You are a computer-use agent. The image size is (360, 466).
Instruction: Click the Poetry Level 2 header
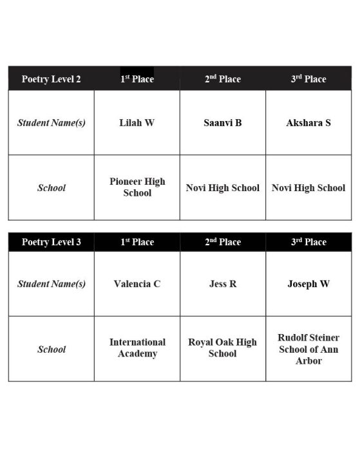[x=52, y=79]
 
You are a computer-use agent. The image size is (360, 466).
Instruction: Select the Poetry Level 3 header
[x=52, y=242]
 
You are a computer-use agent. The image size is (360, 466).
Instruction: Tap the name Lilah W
[x=137, y=122]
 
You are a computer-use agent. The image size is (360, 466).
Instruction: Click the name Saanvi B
[x=223, y=122]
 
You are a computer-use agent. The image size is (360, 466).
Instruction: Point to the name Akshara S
[x=308, y=122]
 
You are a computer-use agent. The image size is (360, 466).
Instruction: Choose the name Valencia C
[x=137, y=284]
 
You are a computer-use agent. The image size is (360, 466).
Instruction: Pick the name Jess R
[x=223, y=284]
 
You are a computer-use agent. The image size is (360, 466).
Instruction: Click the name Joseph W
[x=308, y=284]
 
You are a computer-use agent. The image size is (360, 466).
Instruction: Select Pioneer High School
[x=137, y=187]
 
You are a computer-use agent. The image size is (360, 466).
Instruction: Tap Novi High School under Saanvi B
[x=223, y=188]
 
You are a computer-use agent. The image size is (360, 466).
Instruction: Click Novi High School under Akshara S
[x=308, y=188]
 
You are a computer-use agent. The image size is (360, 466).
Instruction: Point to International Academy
[x=137, y=348]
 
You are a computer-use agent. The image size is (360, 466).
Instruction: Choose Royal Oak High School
[x=223, y=348]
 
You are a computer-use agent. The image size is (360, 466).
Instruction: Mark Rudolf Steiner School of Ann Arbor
[x=308, y=349]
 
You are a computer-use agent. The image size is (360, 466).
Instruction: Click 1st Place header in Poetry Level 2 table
[x=137, y=79]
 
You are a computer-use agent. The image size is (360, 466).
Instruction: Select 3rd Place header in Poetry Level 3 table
[x=308, y=242]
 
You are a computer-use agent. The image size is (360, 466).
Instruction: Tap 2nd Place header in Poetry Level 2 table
[x=223, y=79]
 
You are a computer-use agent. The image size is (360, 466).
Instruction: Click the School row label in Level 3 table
[x=52, y=349]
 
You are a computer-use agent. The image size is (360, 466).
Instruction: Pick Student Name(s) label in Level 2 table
[x=52, y=122]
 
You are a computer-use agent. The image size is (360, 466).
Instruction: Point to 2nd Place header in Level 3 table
[x=223, y=242]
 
